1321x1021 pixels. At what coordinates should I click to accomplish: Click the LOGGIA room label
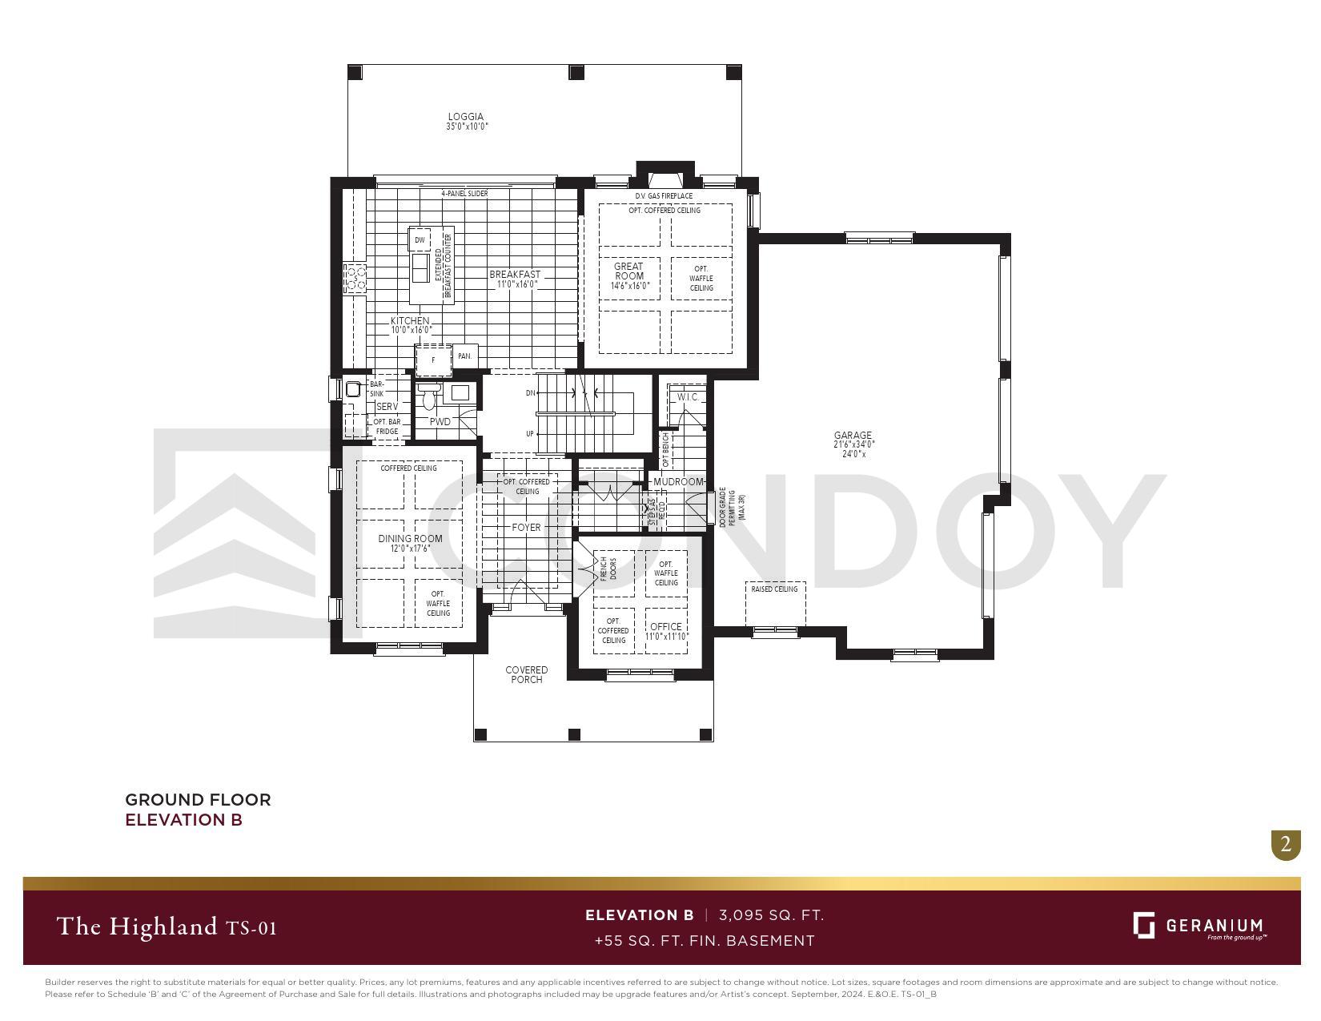click(466, 117)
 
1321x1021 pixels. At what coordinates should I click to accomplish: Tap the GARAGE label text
click(853, 436)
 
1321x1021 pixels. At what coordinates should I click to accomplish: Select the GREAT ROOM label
click(629, 271)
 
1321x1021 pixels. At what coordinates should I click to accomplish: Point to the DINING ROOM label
click(410, 539)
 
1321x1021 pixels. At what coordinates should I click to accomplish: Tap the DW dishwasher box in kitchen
click(420, 240)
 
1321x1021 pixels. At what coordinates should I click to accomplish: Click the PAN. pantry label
click(464, 356)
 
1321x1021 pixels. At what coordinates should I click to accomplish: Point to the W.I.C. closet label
click(688, 397)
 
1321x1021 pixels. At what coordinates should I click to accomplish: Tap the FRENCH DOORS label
click(608, 569)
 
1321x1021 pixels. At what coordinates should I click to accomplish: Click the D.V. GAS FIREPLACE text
click(664, 196)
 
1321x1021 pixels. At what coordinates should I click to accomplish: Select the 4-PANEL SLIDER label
click(464, 194)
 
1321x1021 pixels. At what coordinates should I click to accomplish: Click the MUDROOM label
click(678, 482)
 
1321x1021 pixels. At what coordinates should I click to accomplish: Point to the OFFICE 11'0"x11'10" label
click(666, 627)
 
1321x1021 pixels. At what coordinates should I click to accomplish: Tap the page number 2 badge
click(1286, 844)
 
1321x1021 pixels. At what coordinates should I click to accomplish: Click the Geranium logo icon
click(1143, 925)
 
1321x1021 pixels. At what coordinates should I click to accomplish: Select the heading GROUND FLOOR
click(198, 799)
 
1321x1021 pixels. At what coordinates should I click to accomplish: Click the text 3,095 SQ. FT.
click(771, 915)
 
